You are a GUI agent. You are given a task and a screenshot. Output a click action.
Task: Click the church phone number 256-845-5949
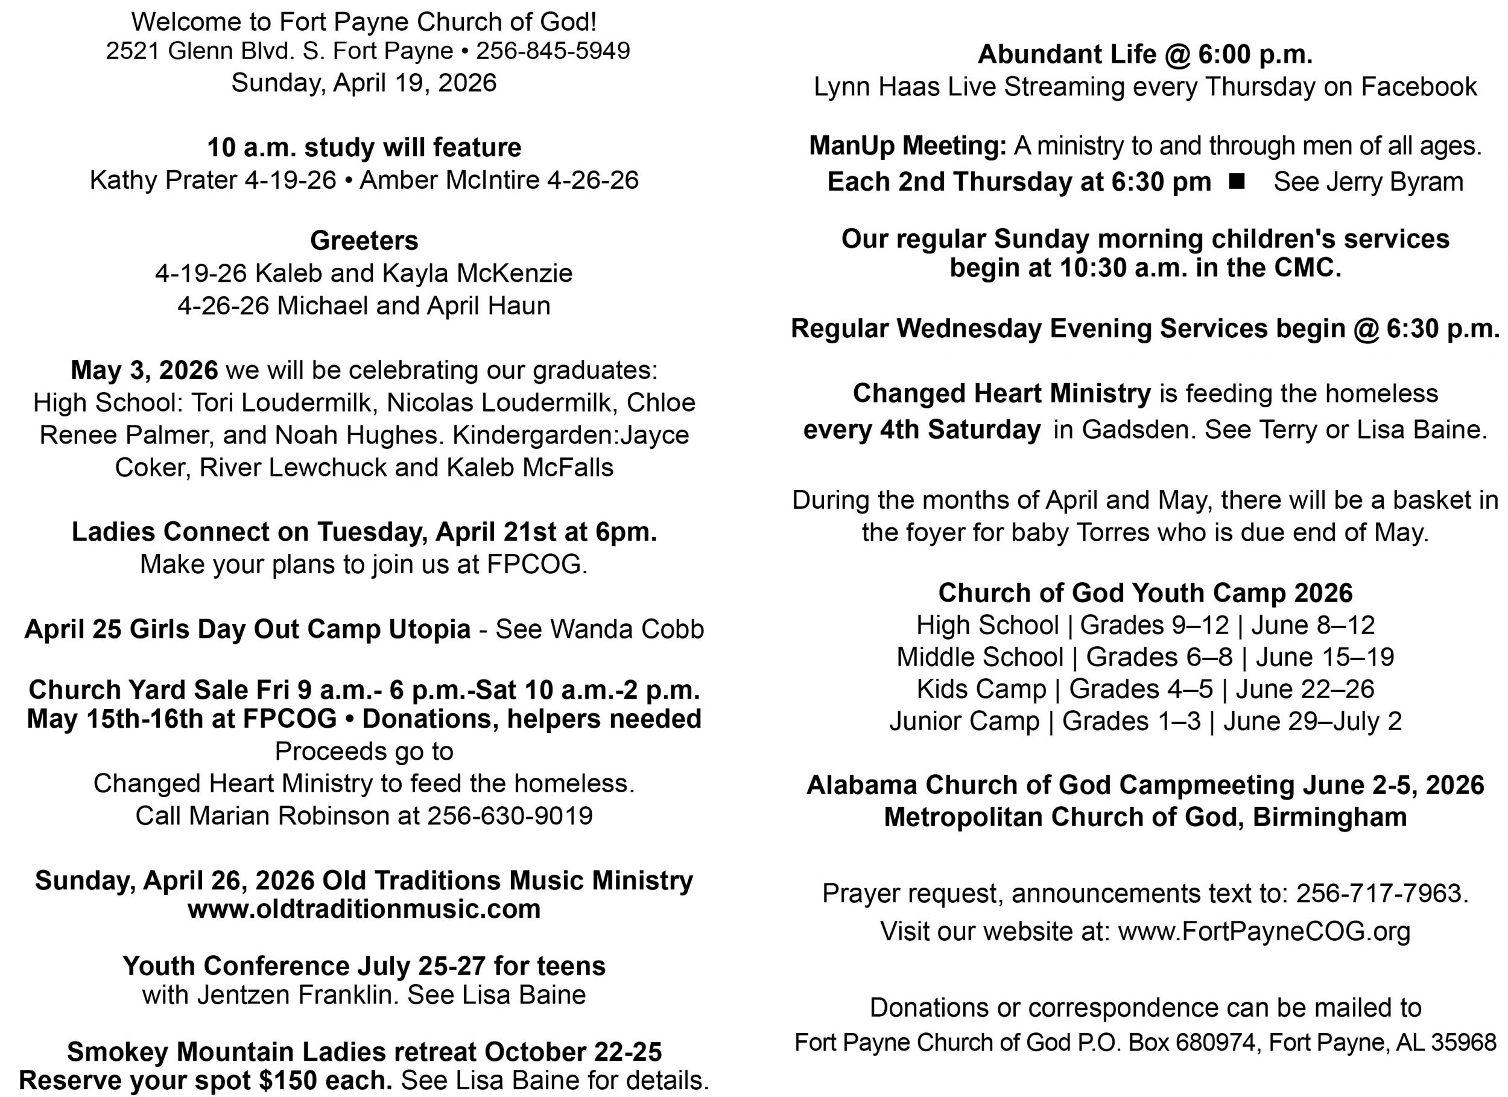553,51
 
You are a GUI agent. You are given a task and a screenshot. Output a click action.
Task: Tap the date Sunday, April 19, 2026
364,83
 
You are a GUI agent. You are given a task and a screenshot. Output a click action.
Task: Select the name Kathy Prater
163,180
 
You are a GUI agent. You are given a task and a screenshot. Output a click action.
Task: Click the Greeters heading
364,241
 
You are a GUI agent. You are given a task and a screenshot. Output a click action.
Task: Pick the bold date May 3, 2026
144,370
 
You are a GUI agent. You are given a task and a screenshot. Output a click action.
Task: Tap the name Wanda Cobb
627,629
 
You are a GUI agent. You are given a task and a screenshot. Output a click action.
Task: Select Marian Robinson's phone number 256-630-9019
509,816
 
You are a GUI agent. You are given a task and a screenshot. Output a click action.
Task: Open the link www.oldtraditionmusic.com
364,909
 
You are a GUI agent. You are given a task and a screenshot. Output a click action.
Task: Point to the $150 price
284,1080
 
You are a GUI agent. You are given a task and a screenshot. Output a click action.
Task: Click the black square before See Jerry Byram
1237,181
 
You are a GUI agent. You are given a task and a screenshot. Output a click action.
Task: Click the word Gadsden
1138,430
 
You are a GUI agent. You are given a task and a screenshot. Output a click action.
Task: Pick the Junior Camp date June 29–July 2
1312,721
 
